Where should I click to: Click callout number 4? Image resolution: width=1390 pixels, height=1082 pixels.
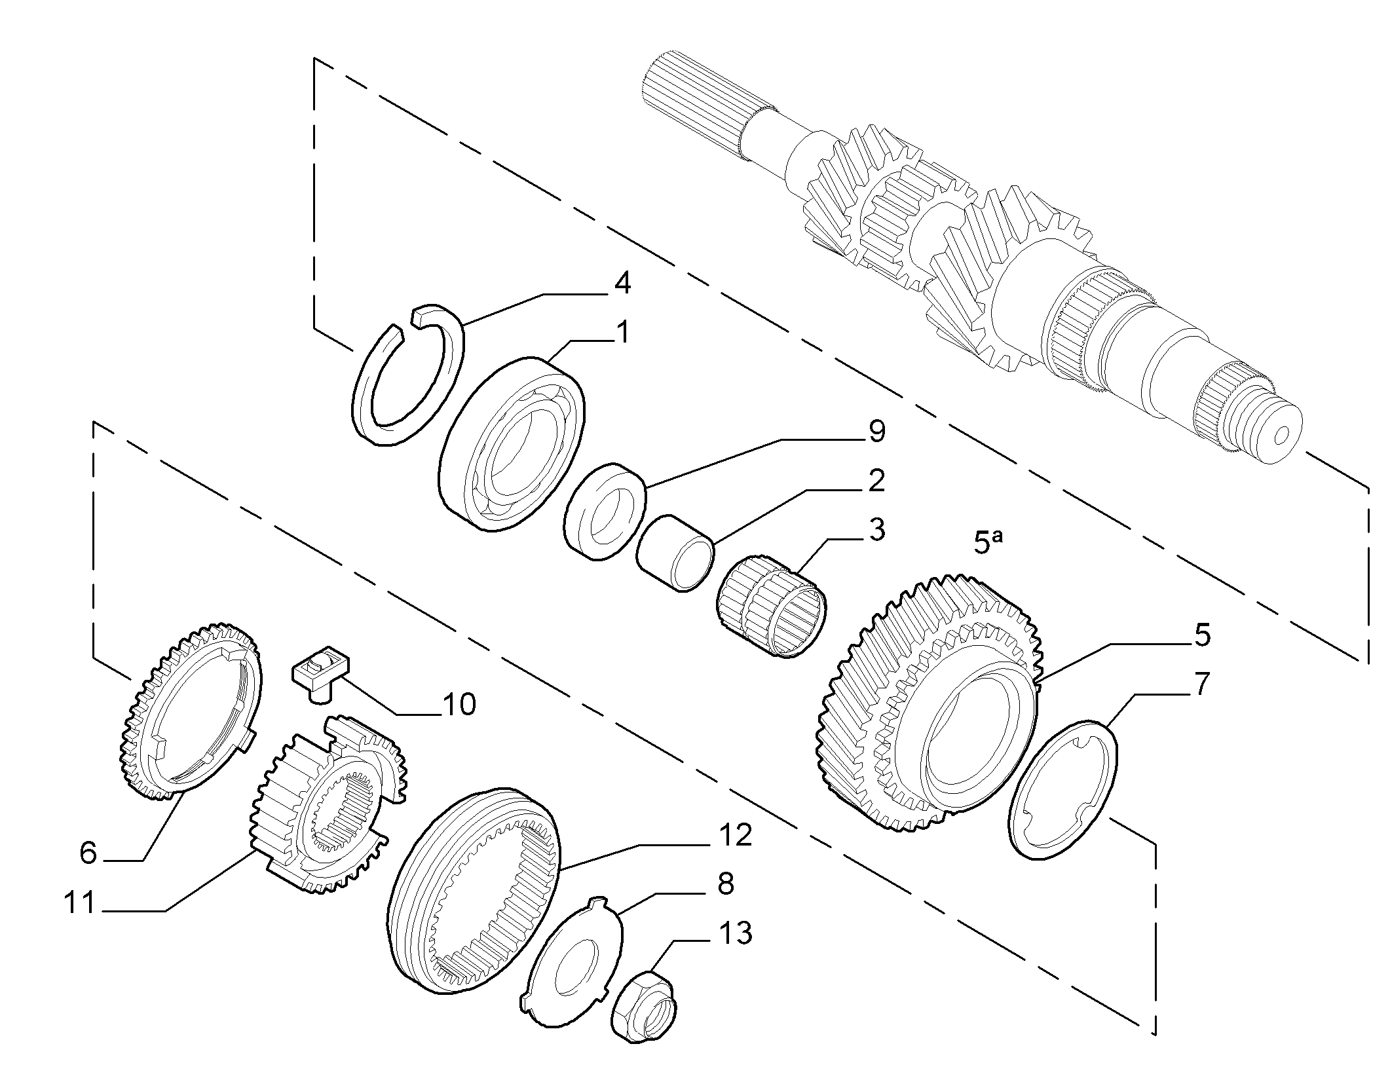click(622, 284)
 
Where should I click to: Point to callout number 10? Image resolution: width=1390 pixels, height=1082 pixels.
click(459, 705)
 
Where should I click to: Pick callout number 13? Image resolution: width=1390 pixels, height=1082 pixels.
click(734, 933)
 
